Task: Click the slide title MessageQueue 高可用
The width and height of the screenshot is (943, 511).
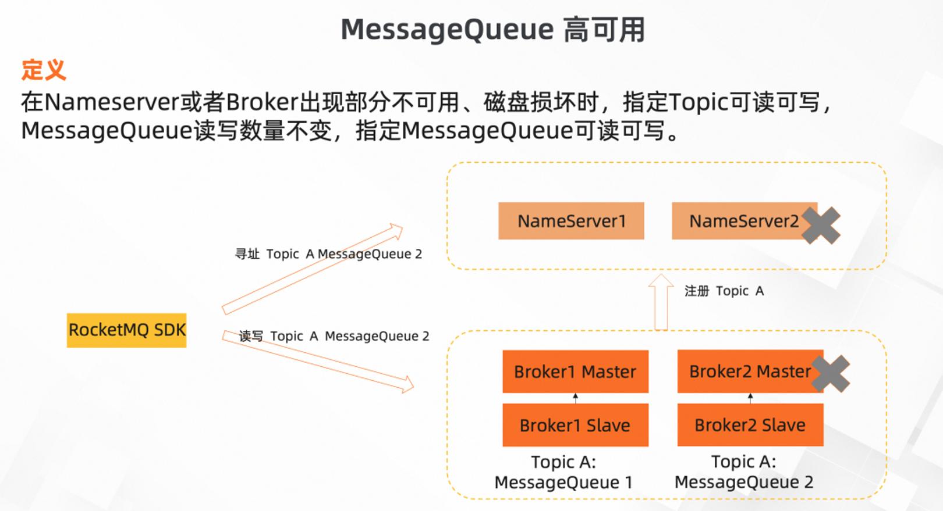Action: coord(492,30)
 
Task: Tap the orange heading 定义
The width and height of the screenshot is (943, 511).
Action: coord(44,69)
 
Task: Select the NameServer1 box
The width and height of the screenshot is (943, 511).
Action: coord(571,221)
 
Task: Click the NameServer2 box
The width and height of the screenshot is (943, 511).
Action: coord(745,221)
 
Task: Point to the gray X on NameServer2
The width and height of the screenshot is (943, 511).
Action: coord(821,226)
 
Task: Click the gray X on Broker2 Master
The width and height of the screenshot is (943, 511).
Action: coord(831,373)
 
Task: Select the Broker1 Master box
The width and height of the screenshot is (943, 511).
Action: coord(576,371)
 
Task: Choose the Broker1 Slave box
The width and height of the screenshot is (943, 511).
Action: coord(576,425)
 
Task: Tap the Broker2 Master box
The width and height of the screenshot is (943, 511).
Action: coord(750,371)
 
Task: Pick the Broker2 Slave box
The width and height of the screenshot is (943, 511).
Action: coord(750,425)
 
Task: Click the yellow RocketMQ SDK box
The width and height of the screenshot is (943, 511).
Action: coord(127,330)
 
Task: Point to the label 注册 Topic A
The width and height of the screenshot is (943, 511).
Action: coord(724,291)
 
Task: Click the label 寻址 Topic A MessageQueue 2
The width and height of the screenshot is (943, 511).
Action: coord(328,254)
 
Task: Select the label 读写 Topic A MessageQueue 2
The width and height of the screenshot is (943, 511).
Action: coord(334,336)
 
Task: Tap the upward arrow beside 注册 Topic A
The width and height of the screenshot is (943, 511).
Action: coord(661,302)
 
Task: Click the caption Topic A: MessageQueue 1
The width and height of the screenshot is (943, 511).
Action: coord(563,472)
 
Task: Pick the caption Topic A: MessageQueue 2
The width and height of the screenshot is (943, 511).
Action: coord(744,472)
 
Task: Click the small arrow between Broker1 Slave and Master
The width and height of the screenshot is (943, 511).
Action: coord(576,398)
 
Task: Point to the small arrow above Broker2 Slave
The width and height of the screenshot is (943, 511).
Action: coord(750,398)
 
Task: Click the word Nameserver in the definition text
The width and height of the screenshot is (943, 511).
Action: coord(112,102)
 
